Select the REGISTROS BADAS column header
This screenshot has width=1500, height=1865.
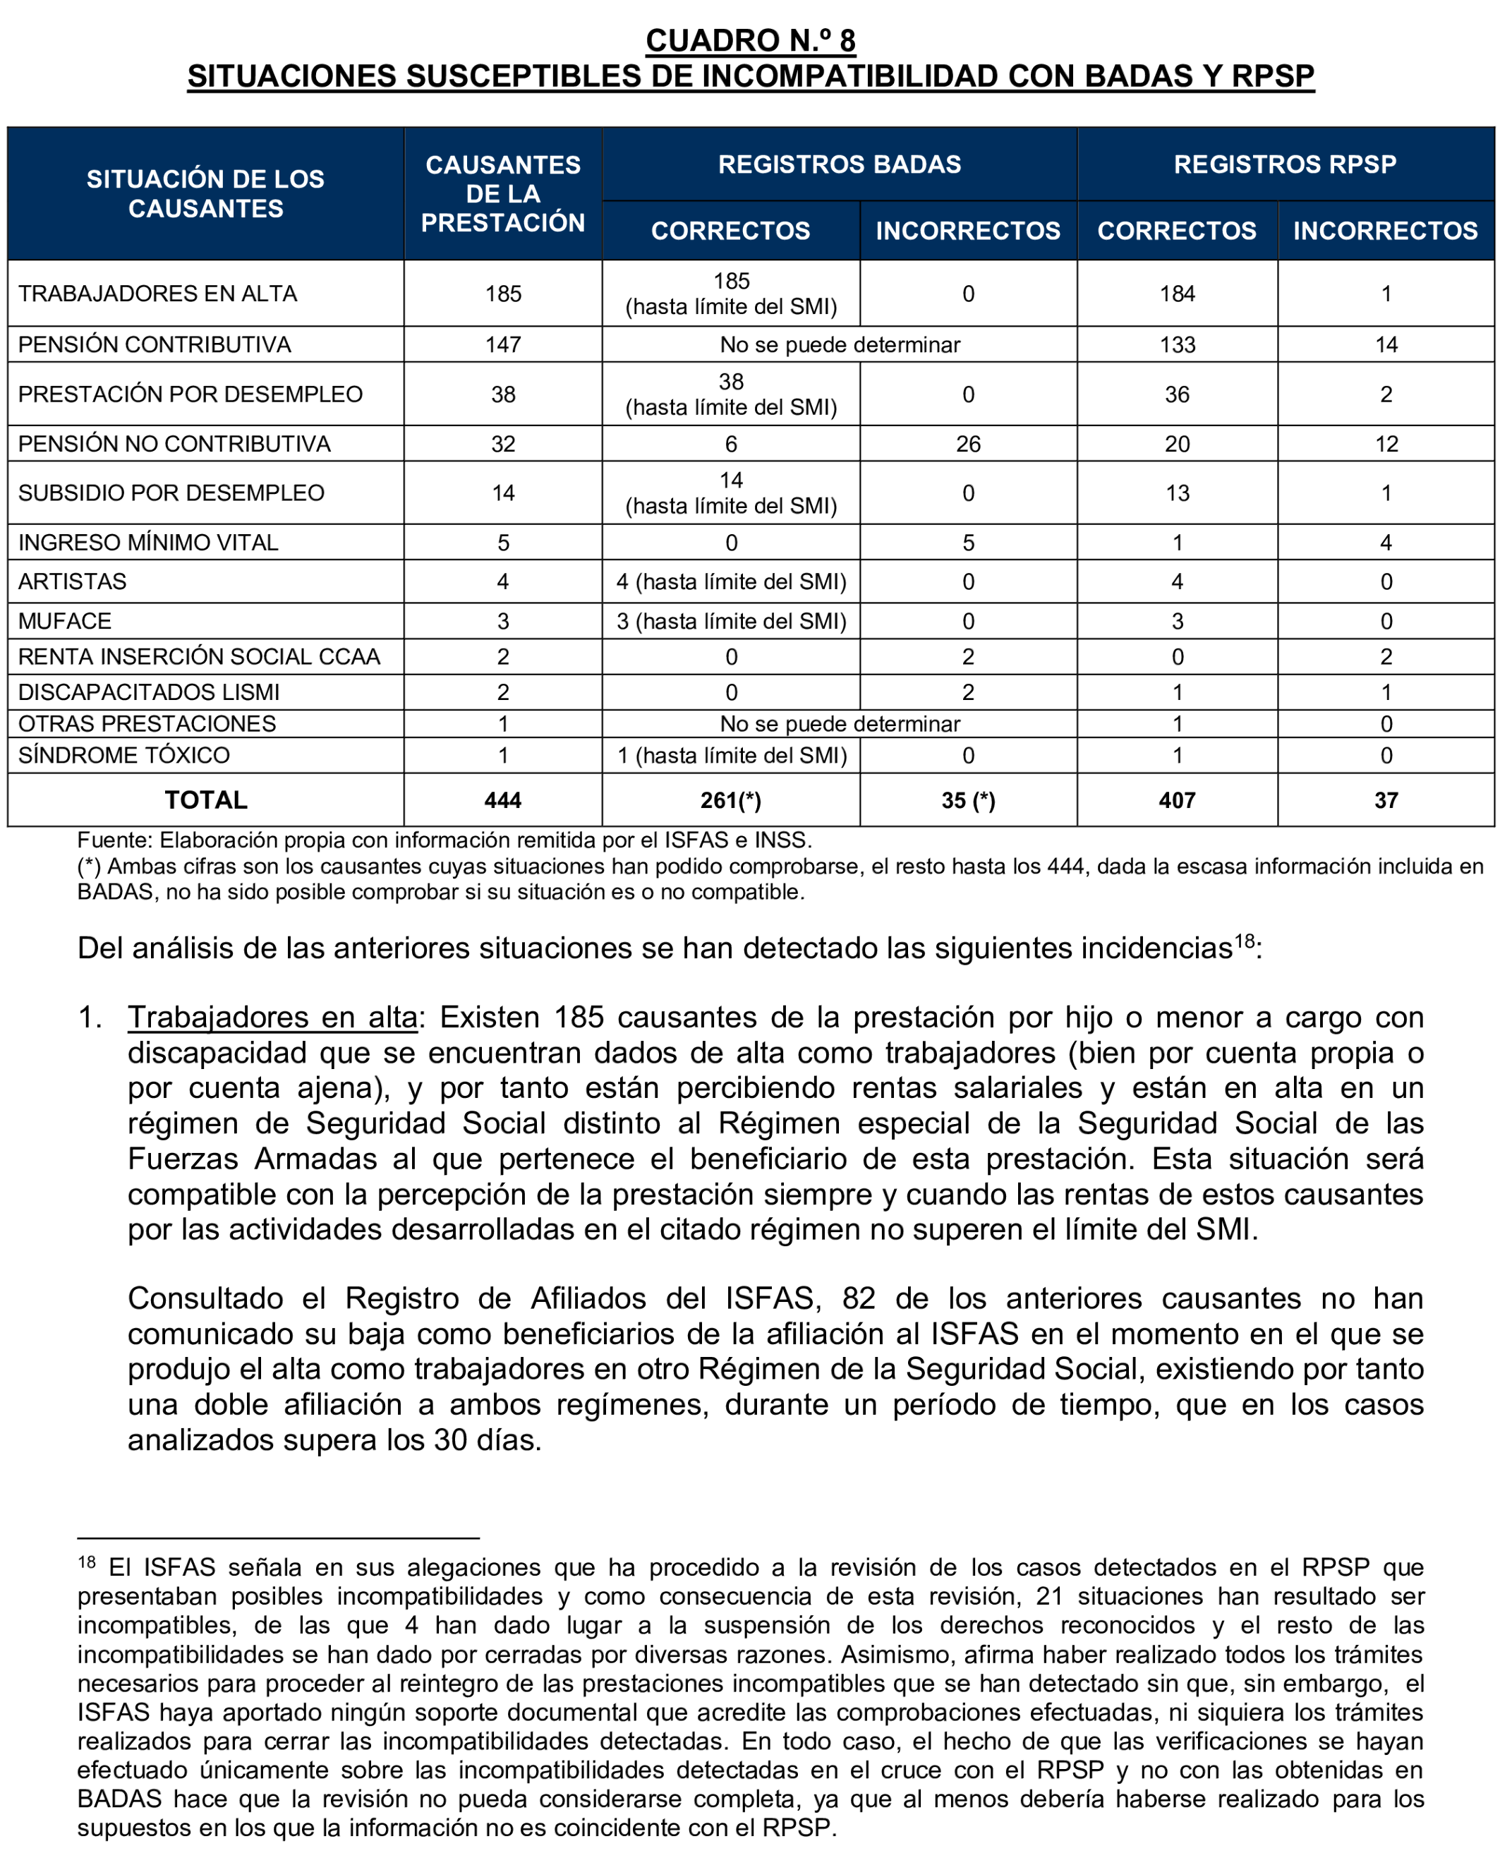click(839, 164)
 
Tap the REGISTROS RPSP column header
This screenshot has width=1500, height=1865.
click(1285, 164)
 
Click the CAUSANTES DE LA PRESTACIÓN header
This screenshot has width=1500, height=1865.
click(502, 194)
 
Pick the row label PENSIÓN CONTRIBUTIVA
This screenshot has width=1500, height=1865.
click(155, 344)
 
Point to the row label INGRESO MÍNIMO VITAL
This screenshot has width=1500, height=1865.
click(148, 543)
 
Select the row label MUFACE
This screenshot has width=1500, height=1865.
click(65, 621)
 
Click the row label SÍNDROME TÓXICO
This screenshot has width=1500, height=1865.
click(123, 755)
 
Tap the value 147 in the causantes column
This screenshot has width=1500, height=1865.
click(502, 344)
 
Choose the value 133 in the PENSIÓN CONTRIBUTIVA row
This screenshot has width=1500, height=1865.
click(1176, 344)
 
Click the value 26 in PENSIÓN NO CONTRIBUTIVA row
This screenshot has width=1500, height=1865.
click(968, 444)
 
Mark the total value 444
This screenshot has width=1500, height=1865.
click(502, 800)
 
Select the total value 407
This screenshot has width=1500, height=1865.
click(1176, 800)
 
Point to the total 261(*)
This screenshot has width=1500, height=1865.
click(731, 800)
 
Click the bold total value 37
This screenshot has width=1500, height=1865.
click(1386, 800)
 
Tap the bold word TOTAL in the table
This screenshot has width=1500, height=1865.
click(206, 800)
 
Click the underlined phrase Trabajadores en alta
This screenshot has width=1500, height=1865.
click(272, 1018)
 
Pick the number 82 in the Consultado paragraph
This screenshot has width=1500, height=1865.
click(858, 1298)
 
